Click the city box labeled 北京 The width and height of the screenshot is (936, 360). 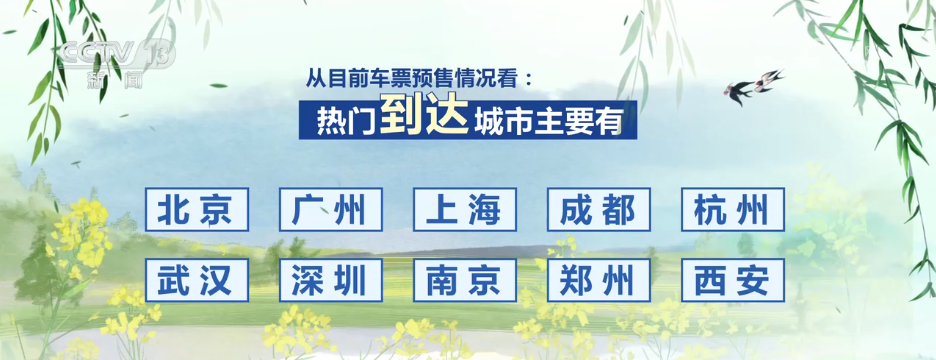(x=197, y=210)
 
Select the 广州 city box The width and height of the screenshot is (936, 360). (x=331, y=210)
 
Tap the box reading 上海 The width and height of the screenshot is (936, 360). (x=465, y=210)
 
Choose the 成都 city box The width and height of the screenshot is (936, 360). (x=599, y=210)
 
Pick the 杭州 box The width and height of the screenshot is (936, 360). (x=733, y=210)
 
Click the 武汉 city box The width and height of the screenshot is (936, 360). (x=197, y=281)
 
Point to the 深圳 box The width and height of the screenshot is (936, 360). (x=331, y=281)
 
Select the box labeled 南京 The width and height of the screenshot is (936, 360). (x=465, y=281)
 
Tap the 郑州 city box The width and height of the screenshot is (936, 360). (x=599, y=281)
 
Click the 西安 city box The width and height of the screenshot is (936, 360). (x=733, y=281)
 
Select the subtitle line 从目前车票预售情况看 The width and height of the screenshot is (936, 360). (x=421, y=76)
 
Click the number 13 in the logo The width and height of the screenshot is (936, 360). (x=159, y=51)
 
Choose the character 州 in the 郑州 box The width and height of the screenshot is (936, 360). (x=621, y=281)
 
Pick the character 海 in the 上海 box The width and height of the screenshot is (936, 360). (x=487, y=210)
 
